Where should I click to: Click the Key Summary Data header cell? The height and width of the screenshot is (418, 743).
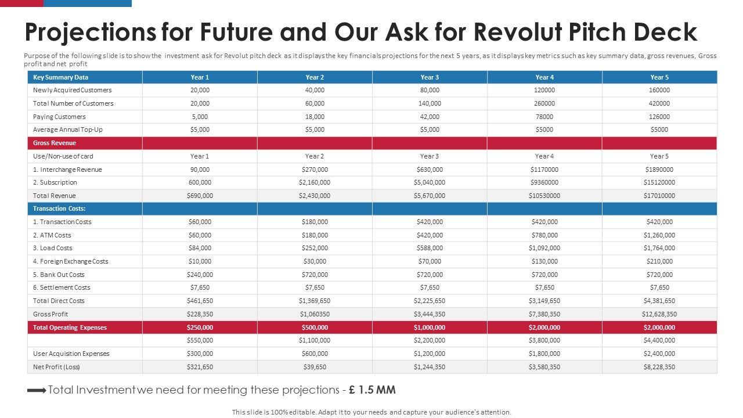[61, 77]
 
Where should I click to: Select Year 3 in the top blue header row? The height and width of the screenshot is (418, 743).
[430, 77]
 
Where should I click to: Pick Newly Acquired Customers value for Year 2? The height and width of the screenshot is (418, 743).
[315, 90]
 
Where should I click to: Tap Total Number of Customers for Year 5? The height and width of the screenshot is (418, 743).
[659, 103]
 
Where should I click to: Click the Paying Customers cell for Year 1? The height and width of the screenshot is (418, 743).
[200, 117]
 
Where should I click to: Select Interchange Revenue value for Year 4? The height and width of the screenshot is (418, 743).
[544, 170]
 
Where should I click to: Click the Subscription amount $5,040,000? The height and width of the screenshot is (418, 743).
[430, 182]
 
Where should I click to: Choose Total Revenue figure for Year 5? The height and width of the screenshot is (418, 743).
[659, 196]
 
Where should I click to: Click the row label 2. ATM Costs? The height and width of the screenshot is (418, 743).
[52, 235]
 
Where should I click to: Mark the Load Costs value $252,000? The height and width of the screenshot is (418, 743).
[315, 248]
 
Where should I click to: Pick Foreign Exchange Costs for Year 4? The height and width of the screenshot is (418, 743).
[544, 261]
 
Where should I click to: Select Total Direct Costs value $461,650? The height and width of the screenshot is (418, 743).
[200, 301]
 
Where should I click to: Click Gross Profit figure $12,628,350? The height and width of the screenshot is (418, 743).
[659, 314]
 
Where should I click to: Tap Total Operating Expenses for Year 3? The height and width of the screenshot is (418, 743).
[430, 327]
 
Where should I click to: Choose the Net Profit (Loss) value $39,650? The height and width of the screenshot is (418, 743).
[315, 367]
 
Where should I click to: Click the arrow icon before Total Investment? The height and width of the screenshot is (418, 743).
[37, 391]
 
